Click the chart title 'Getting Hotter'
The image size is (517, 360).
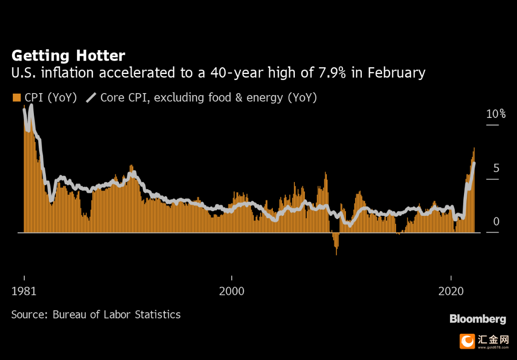pos(68,56)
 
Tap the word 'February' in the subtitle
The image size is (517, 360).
pos(396,73)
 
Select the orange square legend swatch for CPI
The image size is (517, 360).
pos(16,98)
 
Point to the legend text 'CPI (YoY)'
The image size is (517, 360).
pos(51,98)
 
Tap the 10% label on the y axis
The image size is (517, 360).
pos(495,114)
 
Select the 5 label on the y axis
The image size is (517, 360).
pos(496,168)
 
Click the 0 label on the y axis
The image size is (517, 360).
pos(496,222)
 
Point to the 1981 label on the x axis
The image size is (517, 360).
pos(24,291)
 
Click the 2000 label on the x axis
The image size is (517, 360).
pos(232,291)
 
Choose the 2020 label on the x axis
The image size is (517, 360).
pos(451,291)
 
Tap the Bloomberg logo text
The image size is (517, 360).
pos(478,319)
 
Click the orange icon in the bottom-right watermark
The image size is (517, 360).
pos(467,341)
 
